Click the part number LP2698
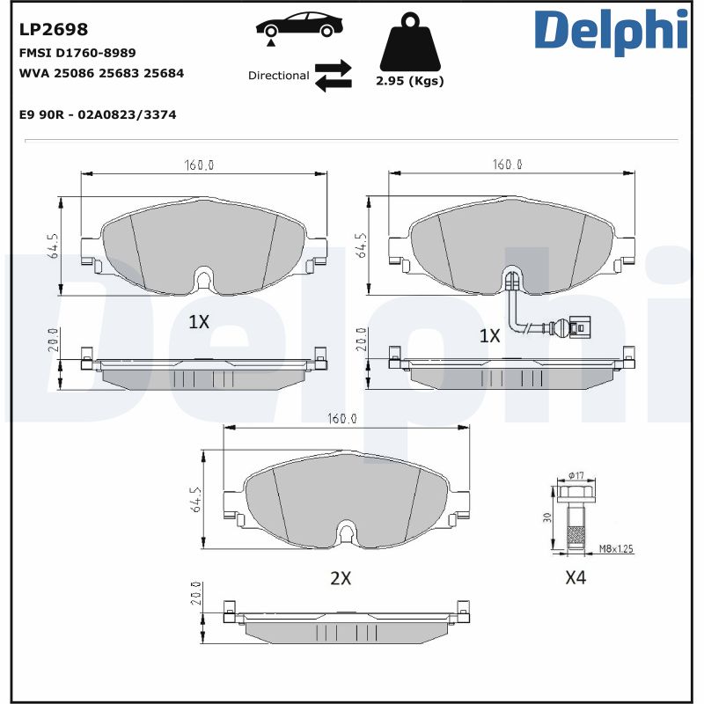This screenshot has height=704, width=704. [54, 30]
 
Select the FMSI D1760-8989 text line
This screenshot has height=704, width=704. [77, 53]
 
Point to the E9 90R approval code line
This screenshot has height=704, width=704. [98, 114]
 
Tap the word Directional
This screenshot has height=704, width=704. [278, 76]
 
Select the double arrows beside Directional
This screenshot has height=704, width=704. [334, 76]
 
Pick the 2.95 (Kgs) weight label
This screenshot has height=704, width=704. [409, 81]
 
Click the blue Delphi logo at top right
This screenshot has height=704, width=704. [611, 31]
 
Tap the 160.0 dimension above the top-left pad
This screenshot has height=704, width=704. [200, 165]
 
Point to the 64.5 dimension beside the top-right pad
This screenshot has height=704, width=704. [361, 248]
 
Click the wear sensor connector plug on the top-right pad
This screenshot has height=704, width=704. [578, 328]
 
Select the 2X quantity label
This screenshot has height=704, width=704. [341, 578]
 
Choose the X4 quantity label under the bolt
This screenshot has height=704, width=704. [576, 578]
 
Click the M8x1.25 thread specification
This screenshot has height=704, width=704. [616, 549]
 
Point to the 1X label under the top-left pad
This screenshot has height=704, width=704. [199, 322]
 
